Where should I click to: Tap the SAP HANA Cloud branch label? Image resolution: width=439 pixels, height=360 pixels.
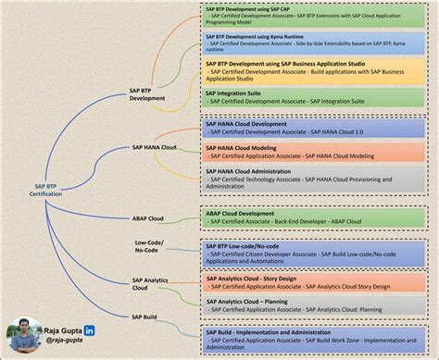tap(155, 147)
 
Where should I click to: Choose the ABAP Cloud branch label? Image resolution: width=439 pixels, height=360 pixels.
tap(148, 218)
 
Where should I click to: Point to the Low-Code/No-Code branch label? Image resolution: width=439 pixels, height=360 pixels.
tap(147, 248)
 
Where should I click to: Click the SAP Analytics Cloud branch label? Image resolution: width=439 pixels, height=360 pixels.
tap(151, 283)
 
